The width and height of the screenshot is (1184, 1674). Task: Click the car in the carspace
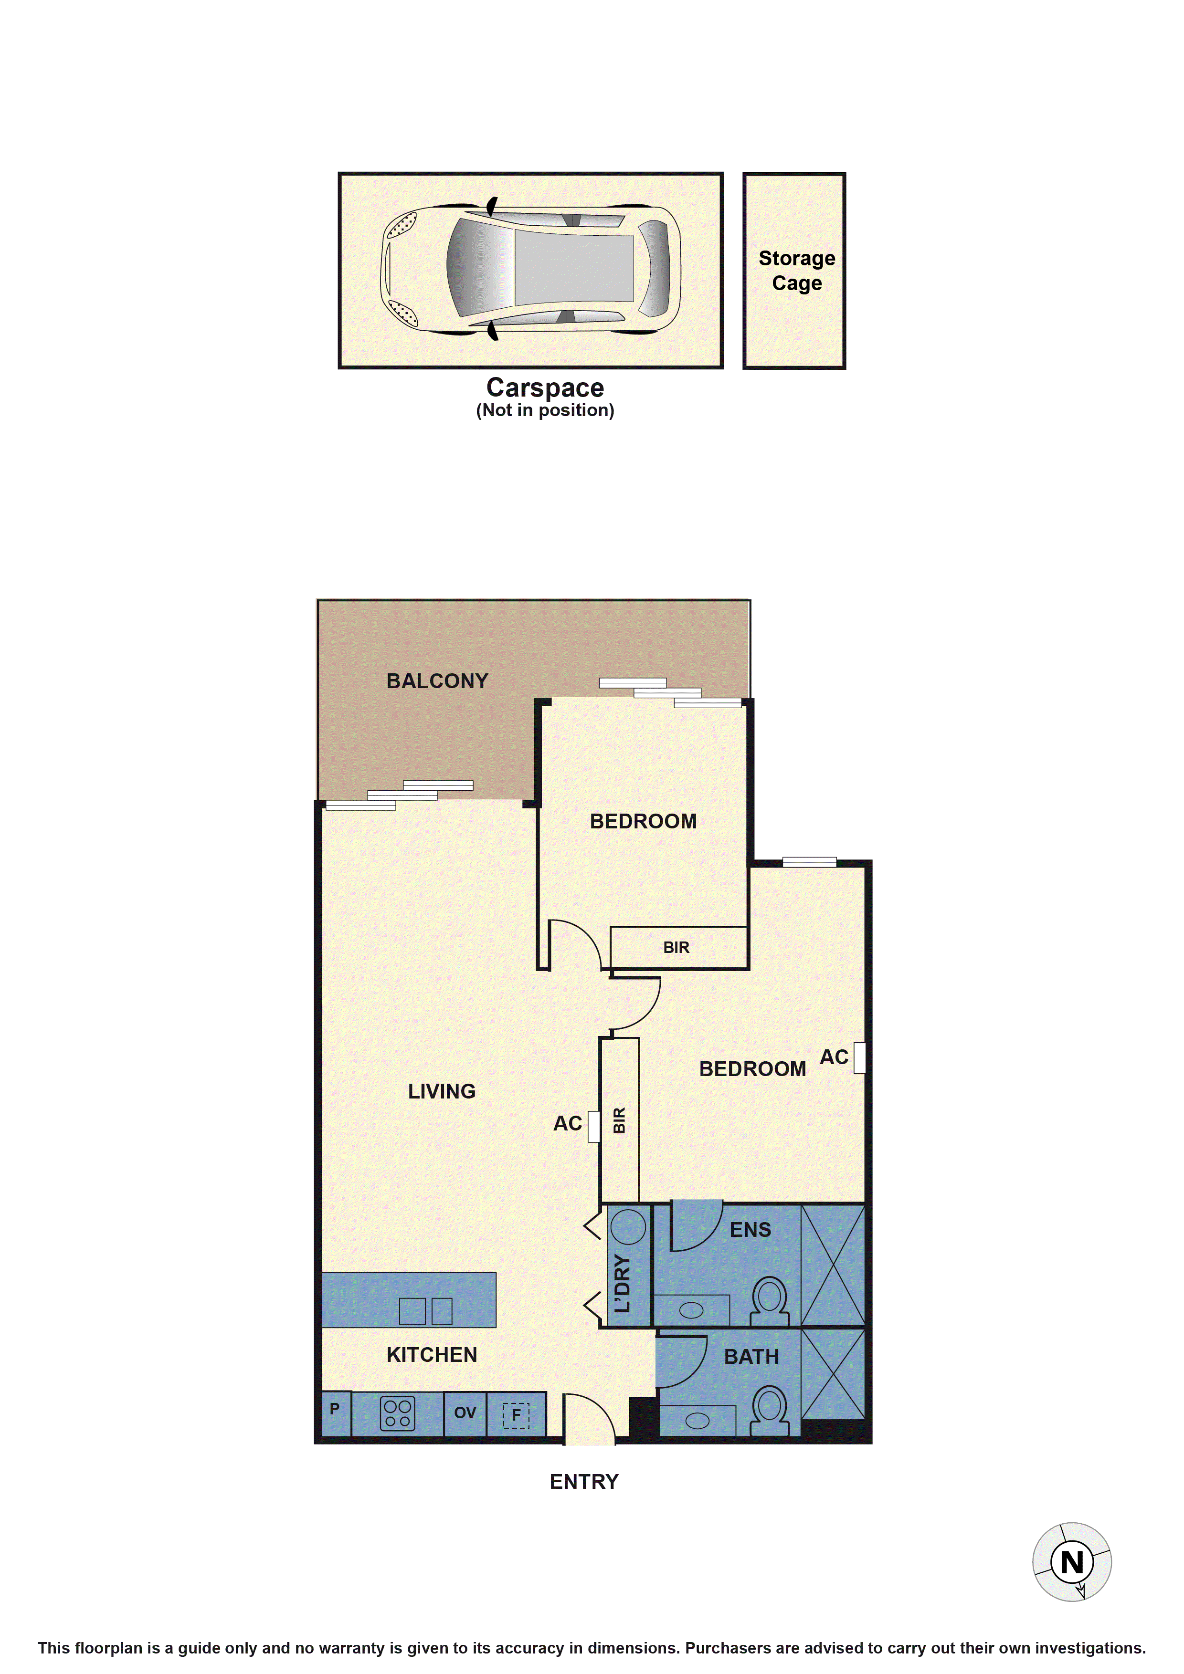(530, 269)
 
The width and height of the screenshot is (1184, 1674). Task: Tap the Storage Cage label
(797, 271)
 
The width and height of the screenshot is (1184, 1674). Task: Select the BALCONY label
(437, 681)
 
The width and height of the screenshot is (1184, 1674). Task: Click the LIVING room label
(441, 1091)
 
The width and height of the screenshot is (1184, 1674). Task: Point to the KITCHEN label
(432, 1355)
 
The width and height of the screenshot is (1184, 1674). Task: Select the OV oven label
(465, 1413)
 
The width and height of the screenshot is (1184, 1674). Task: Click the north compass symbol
(1072, 1562)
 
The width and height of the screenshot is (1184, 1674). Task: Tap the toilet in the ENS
(770, 1301)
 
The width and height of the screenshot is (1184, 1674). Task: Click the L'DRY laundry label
(622, 1283)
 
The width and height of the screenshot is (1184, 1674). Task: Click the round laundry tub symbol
(628, 1225)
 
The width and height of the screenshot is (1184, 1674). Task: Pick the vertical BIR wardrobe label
(619, 1120)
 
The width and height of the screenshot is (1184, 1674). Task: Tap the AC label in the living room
(568, 1123)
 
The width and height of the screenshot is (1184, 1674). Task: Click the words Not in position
(545, 410)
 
